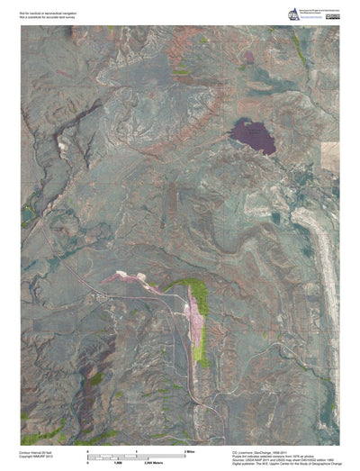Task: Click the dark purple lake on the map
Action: pos(253,137)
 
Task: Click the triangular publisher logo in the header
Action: pos(292,13)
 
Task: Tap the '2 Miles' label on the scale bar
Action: pos(191,448)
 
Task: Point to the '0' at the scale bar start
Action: pos(87,448)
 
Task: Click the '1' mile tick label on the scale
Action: pos(136,448)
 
